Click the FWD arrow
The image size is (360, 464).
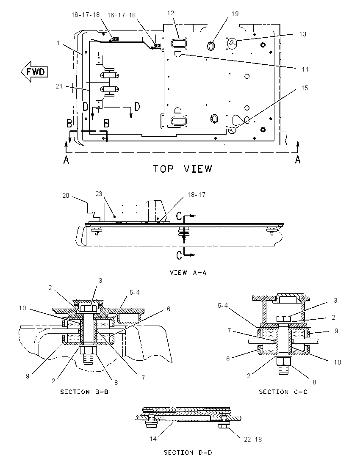click(34, 72)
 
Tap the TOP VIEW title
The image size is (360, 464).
click(183, 168)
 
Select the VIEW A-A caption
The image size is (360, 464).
click(188, 272)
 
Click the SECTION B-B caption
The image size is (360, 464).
click(84, 392)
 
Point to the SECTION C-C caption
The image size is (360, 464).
click(283, 392)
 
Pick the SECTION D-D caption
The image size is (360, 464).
click(188, 453)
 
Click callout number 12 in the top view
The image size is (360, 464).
click(171, 13)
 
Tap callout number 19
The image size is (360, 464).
click(235, 14)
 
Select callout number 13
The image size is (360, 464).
click(302, 34)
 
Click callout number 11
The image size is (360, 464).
click(305, 69)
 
